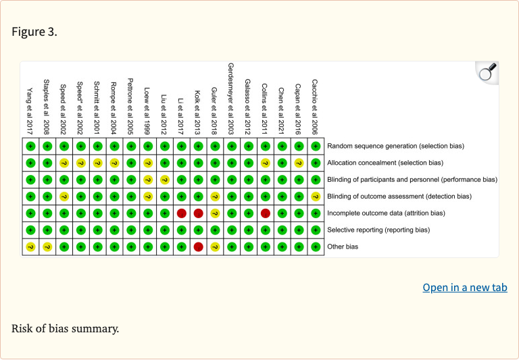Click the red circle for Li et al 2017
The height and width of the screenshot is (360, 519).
[x=181, y=213]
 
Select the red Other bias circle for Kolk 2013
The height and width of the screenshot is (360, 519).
[x=198, y=247]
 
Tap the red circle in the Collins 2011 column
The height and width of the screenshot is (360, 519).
[x=265, y=213]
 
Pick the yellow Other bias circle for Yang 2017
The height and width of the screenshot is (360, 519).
[x=30, y=247]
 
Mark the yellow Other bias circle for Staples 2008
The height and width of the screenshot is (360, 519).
[x=47, y=247]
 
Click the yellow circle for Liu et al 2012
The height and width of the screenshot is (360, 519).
[x=164, y=179]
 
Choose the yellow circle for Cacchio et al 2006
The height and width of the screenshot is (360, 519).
[x=315, y=196]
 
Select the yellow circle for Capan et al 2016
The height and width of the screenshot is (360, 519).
[x=298, y=162]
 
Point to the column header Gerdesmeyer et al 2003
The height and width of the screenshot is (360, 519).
[x=231, y=99]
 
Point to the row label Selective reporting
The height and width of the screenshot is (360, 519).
[x=378, y=230]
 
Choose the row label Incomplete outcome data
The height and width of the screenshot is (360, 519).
[x=386, y=213]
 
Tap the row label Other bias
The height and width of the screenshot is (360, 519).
[x=343, y=247]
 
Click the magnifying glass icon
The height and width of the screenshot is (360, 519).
[x=487, y=71]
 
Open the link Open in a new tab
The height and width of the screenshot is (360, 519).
[x=465, y=288]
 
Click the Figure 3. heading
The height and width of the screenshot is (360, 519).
[x=34, y=32]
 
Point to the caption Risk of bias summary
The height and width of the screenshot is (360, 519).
[x=65, y=329]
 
